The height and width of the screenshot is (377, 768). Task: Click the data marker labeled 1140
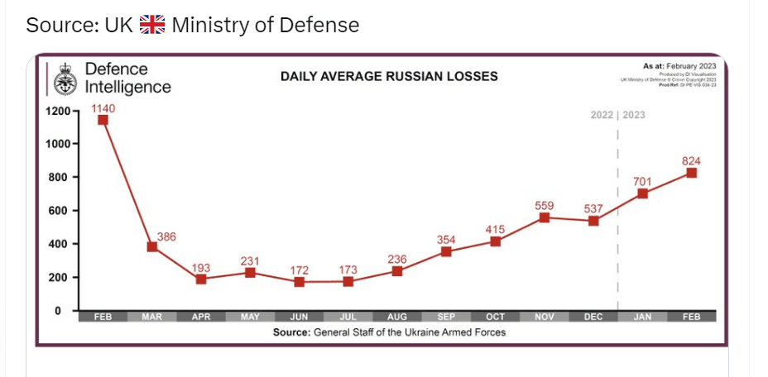pyautogui.click(x=103, y=120)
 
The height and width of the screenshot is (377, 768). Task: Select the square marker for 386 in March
pyautogui.click(x=152, y=247)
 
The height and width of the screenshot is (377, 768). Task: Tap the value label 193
pyautogui.click(x=201, y=268)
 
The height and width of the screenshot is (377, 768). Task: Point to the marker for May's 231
pyautogui.click(x=250, y=273)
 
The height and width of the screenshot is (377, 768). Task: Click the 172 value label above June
pyautogui.click(x=299, y=270)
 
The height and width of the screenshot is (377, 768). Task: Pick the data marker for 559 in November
pyautogui.click(x=544, y=217)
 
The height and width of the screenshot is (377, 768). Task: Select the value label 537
pyautogui.click(x=593, y=208)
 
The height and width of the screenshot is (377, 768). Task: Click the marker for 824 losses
pyautogui.click(x=691, y=173)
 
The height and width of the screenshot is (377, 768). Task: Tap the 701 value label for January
pyautogui.click(x=642, y=181)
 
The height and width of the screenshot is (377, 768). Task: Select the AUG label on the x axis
pyautogui.click(x=397, y=317)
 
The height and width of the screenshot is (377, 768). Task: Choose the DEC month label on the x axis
pyautogui.click(x=593, y=317)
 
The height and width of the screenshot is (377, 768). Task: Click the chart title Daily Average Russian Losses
pyautogui.click(x=389, y=76)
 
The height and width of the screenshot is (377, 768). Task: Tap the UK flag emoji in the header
pyautogui.click(x=152, y=25)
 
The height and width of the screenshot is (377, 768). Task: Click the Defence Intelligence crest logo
pyautogui.click(x=65, y=79)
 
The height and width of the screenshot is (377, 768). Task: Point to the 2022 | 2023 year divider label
pyautogui.click(x=617, y=115)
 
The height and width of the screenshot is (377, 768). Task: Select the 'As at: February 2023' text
pyautogui.click(x=679, y=65)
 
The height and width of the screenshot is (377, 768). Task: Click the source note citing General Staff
pyautogui.click(x=389, y=332)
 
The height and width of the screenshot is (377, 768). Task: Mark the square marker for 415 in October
pyautogui.click(x=495, y=241)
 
